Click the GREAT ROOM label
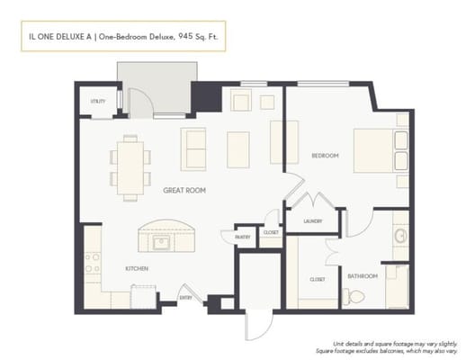[x=184, y=191]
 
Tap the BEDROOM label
[x=325, y=156]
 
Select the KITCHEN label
[x=137, y=269]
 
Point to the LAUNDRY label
[x=312, y=220]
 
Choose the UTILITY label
[x=97, y=102]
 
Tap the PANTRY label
[x=242, y=237]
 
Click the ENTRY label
[x=185, y=298]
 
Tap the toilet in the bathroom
[x=356, y=296]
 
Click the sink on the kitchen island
[x=164, y=242]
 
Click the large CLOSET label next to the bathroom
[x=317, y=280]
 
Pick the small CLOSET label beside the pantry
[x=270, y=232]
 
